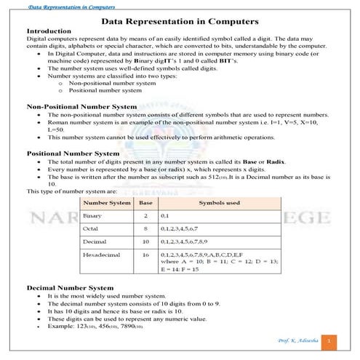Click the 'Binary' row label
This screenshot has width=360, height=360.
click(93, 216)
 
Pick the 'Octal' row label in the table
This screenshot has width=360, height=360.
click(92, 229)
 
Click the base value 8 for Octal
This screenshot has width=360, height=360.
click(145, 229)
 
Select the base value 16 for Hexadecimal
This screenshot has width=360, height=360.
click(145, 255)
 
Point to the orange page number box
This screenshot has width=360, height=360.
click(330, 340)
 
